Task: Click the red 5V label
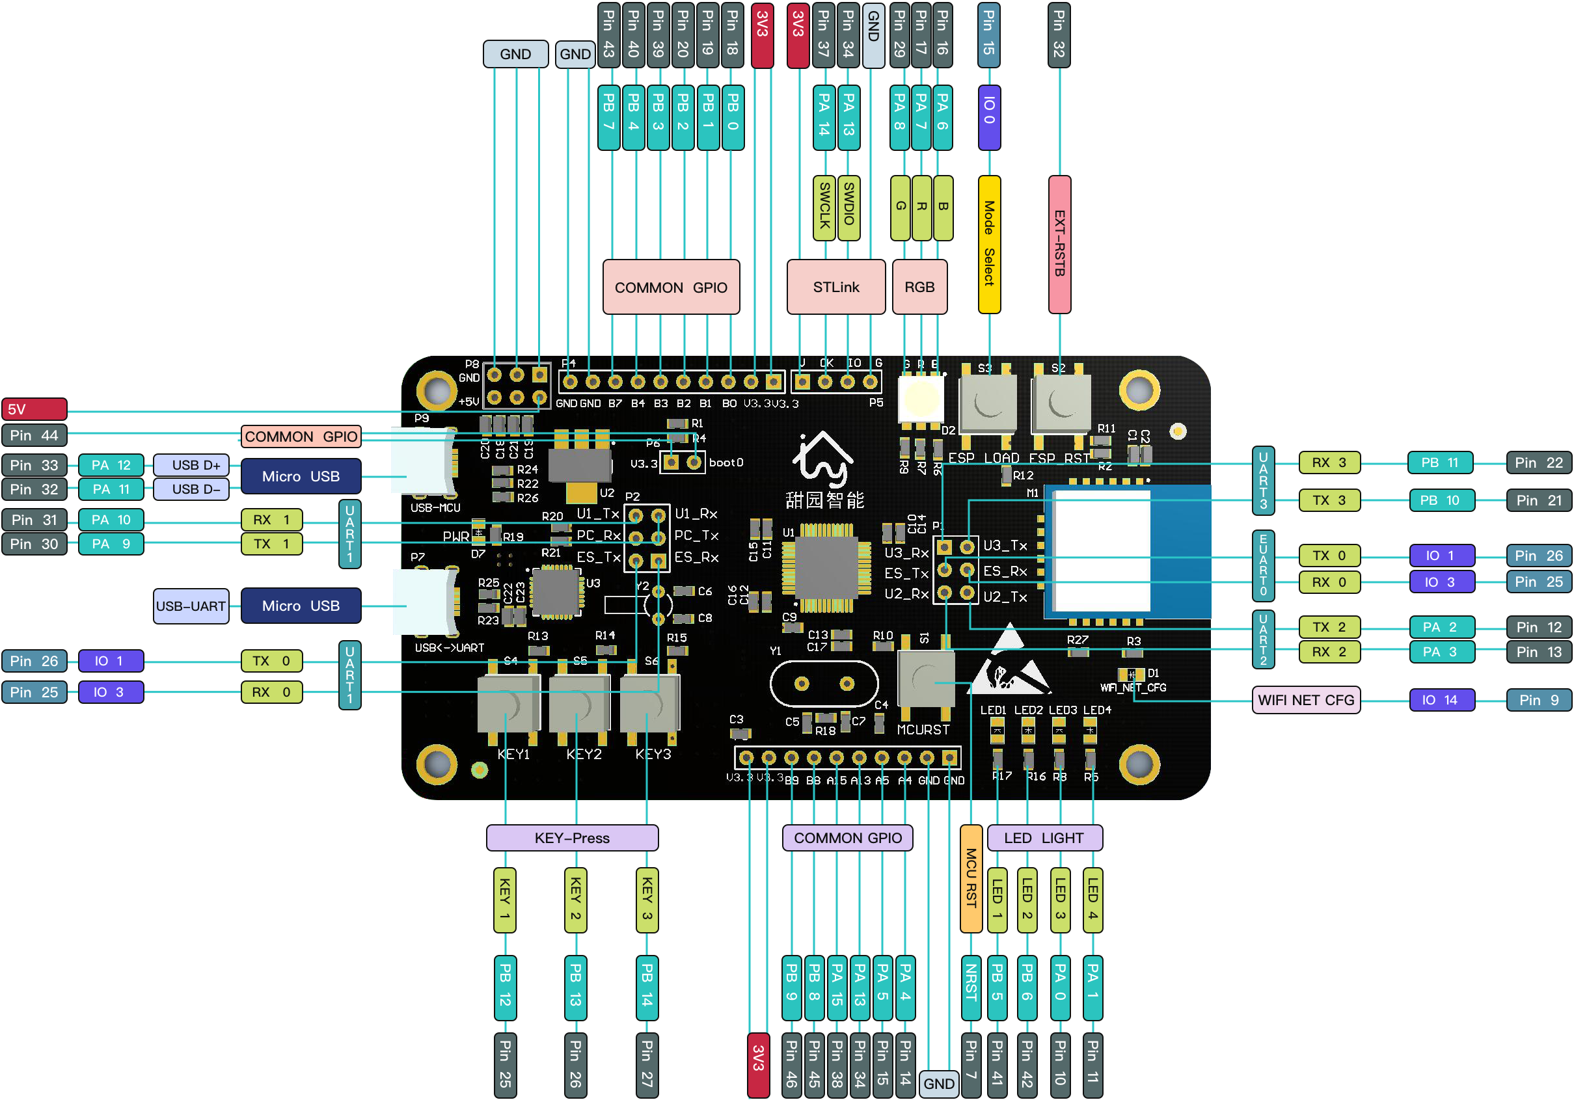[34, 409]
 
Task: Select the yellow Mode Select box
[988, 244]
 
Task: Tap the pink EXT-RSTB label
[1059, 244]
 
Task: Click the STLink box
[835, 287]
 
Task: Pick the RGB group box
[919, 287]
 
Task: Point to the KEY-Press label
[572, 837]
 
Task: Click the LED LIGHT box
[1044, 837]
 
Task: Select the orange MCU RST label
[971, 878]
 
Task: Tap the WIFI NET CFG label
[1305, 700]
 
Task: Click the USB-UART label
[191, 606]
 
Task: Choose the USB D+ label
[191, 464]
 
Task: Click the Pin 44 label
[34, 435]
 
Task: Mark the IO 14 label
[1441, 700]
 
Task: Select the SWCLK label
[824, 206]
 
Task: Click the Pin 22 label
[1538, 463]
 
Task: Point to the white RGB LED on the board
[921, 399]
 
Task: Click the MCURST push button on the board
[925, 679]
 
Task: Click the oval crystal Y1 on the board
[823, 683]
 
